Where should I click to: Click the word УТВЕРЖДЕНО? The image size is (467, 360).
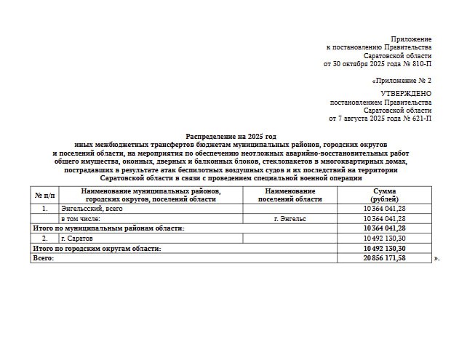click(406, 94)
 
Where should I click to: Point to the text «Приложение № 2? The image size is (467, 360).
click(402, 81)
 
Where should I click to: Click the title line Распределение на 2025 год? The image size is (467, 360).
click(231, 136)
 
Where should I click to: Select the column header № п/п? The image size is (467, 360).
click(45, 195)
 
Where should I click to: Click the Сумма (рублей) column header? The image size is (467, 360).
click(385, 195)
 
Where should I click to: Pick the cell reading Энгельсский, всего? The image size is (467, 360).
click(92, 209)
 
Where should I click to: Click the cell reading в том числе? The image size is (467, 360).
click(81, 218)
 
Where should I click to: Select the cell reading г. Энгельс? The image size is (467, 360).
click(289, 218)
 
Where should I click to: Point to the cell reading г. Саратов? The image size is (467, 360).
click(79, 238)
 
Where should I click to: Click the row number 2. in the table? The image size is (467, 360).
click(45, 238)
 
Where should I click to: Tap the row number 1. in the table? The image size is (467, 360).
click(45, 209)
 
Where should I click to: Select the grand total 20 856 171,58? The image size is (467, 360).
click(385, 258)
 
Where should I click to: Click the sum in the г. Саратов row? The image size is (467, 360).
click(385, 238)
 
